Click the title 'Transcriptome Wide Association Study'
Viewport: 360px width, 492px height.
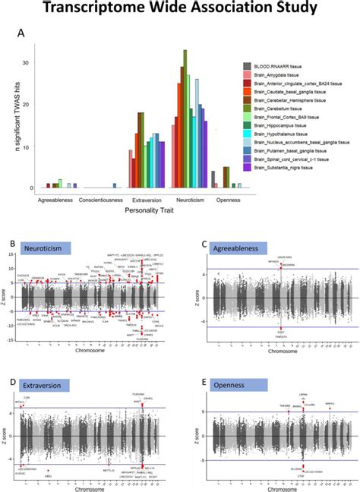click(180, 10)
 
